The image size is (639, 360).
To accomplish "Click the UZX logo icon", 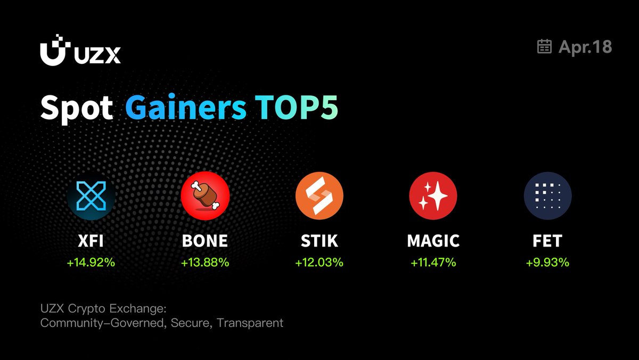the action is tap(55, 50).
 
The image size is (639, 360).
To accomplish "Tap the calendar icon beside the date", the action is tap(544, 46).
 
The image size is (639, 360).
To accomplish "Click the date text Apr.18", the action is tap(585, 47).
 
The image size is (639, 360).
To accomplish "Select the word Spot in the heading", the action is tap(77, 109).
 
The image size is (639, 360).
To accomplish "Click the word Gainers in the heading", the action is tap(186, 107).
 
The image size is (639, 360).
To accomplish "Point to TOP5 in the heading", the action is tap(297, 107).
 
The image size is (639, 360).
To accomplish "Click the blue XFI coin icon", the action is tap(91, 196).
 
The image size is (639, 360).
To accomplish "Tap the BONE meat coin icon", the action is tap(205, 195).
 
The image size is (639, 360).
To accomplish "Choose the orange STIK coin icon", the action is tap(319, 195).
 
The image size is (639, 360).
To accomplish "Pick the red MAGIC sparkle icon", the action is tap(433, 195).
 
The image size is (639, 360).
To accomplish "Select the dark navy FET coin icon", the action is tap(548, 195).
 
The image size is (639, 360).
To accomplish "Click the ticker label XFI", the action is tap(91, 241).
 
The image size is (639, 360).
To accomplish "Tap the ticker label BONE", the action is tap(205, 241).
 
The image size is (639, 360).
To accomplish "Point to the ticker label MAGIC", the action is tap(433, 241).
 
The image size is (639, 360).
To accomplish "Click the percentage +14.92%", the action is tap(91, 263).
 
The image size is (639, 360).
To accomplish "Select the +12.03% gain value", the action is tap(319, 263).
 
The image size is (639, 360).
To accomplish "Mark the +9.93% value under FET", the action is tap(547, 263).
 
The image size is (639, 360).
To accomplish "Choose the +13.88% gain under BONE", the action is tap(205, 263).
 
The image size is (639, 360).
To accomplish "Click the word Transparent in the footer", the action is tap(250, 323).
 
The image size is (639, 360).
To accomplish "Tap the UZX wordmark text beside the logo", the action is tap(97, 55).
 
